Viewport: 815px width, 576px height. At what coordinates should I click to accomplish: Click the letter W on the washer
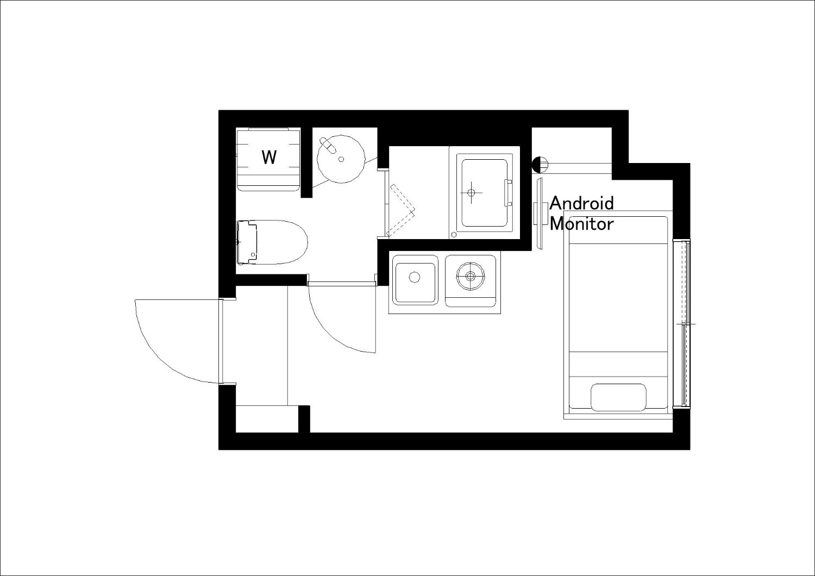click(269, 158)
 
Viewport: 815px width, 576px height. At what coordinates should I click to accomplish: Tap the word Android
click(582, 203)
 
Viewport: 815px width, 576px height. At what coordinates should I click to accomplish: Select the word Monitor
click(581, 223)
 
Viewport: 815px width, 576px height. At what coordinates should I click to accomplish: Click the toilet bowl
click(282, 242)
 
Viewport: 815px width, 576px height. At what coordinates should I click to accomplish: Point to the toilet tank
click(247, 242)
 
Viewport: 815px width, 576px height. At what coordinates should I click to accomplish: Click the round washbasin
click(341, 159)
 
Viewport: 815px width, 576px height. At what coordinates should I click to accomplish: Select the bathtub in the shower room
click(485, 193)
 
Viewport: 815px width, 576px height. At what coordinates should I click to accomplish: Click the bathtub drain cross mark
click(472, 192)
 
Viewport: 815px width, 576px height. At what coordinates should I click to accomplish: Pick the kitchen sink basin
click(415, 279)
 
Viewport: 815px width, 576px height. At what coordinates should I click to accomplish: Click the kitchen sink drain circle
click(415, 277)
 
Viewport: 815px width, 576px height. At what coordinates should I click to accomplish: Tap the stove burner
click(471, 276)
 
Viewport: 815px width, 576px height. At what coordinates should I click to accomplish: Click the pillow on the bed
click(618, 397)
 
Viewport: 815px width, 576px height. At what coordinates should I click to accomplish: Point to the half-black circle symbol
click(540, 165)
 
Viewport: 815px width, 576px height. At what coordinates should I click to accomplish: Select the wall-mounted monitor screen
click(540, 213)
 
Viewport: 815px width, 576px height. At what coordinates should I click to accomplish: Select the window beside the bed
click(681, 323)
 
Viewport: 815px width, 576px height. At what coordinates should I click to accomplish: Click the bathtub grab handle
click(508, 193)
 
